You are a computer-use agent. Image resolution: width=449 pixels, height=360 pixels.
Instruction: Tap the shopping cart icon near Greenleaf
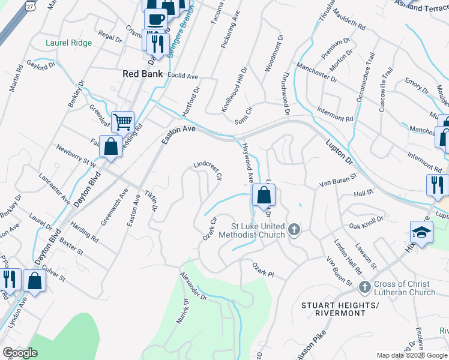click(x=122, y=122)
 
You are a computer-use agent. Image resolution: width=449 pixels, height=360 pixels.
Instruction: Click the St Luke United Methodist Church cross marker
click(x=294, y=229)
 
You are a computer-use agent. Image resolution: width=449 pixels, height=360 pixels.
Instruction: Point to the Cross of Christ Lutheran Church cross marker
click(x=364, y=287)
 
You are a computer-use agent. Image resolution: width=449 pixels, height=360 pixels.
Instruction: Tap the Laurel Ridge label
click(x=69, y=43)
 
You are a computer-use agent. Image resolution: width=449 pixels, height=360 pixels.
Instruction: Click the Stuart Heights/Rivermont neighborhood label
click(x=340, y=311)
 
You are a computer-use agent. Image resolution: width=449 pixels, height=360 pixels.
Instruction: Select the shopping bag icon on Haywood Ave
click(x=264, y=194)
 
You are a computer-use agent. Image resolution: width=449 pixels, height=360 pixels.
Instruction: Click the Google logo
click(x=20, y=353)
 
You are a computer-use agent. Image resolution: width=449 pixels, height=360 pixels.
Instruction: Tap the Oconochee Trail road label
click(x=365, y=85)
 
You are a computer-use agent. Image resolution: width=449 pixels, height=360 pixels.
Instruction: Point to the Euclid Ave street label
click(x=184, y=77)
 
